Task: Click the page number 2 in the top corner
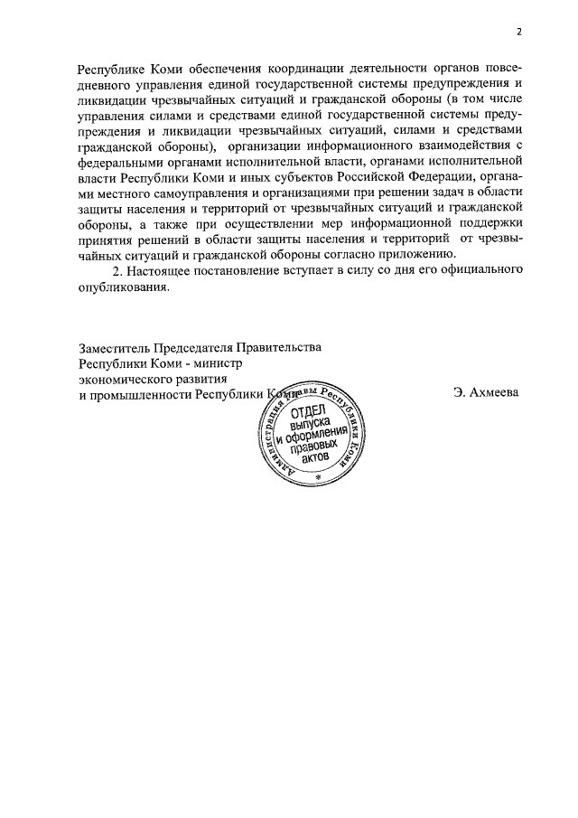click(519, 32)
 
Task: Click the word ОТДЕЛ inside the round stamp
click(311, 413)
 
